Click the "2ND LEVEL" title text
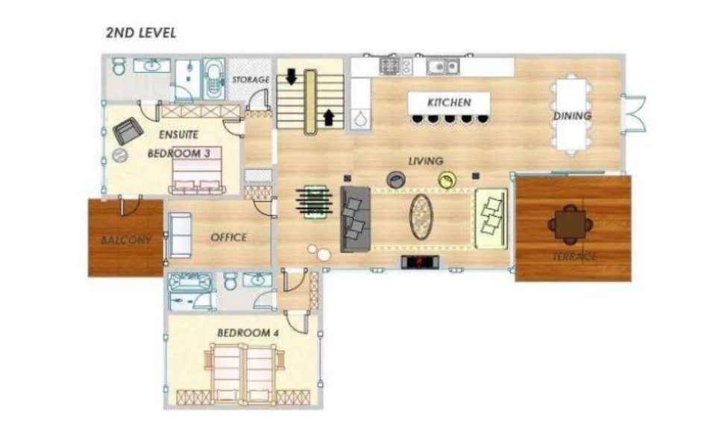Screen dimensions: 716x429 [x=141, y=33]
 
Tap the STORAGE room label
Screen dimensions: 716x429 [x=251, y=80]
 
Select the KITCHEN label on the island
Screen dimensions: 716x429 [x=449, y=103]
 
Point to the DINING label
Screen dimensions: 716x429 [x=572, y=115]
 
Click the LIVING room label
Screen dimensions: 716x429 [x=426, y=161]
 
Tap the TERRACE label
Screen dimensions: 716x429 [x=574, y=257]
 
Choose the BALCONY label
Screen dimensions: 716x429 [x=125, y=240]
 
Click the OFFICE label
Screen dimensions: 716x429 [x=229, y=238]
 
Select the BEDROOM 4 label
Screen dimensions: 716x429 [x=248, y=333]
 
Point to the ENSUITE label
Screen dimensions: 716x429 [x=178, y=135]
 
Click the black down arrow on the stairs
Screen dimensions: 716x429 [x=291, y=77]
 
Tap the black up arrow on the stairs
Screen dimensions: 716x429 [x=328, y=117]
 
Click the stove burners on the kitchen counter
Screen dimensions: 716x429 [x=389, y=66]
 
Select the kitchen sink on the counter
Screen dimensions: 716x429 [x=442, y=66]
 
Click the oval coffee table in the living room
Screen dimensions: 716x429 [x=421, y=217]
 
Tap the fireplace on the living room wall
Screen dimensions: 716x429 [x=420, y=262]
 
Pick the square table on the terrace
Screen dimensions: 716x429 [x=571, y=224]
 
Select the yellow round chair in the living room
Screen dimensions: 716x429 [x=447, y=180]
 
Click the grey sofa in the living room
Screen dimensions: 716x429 [x=355, y=219]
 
